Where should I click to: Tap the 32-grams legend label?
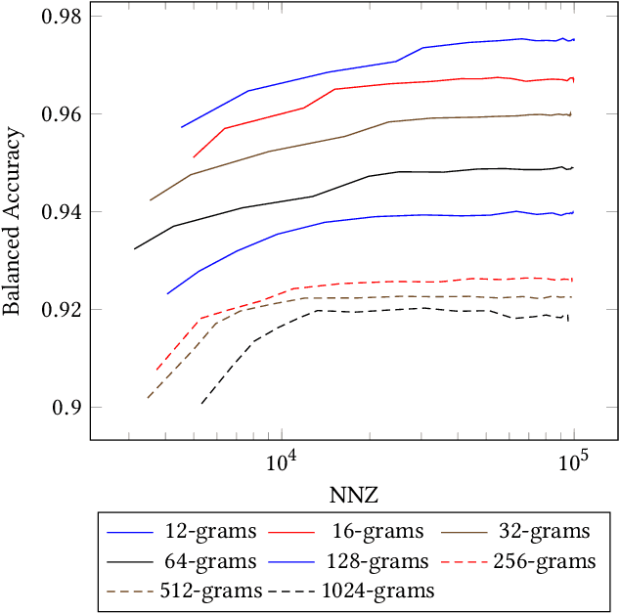[x=544, y=532]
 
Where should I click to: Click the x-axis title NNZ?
[x=353, y=497]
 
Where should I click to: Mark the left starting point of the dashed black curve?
[x=200, y=403]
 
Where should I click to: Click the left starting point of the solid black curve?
[x=135, y=249]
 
